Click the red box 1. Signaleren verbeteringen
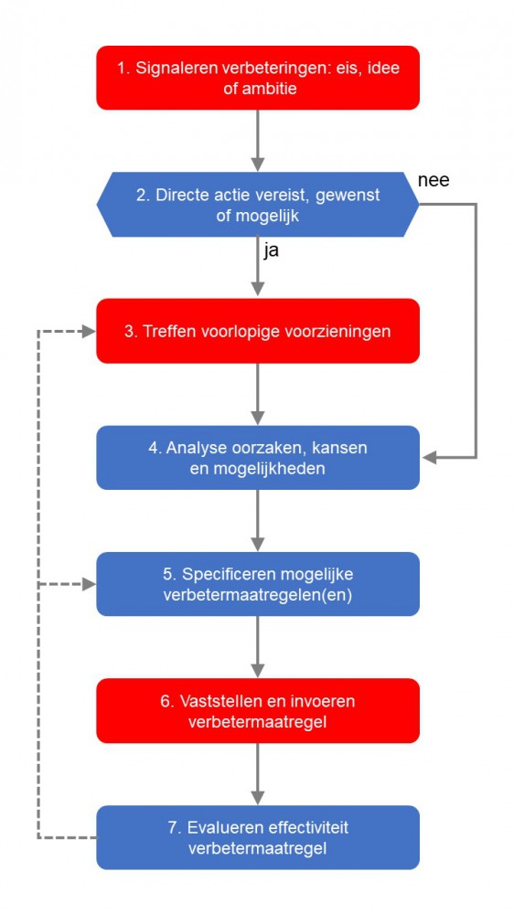[x=258, y=78]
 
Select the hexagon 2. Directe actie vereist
[x=258, y=205]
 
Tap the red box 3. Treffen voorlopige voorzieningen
[x=258, y=331]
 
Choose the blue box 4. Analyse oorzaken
[x=258, y=457]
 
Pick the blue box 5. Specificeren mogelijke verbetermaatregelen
[x=258, y=584]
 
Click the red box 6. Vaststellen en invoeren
[x=258, y=710]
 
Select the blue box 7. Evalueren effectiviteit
[x=258, y=837]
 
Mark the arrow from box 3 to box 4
[x=258, y=394]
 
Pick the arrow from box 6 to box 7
[x=258, y=773]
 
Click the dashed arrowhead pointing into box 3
[x=89, y=331]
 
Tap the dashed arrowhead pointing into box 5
[x=89, y=584]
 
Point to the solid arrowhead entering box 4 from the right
[x=428, y=457]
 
